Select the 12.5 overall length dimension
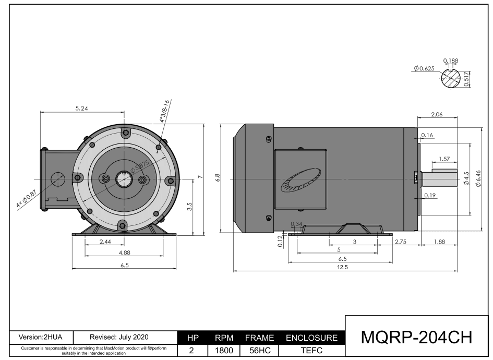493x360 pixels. click(343, 267)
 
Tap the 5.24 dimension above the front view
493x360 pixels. click(82, 109)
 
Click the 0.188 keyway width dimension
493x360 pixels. click(450, 61)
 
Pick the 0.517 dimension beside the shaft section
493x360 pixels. click(466, 80)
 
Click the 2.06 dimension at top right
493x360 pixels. click(437, 114)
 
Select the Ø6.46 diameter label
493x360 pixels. click(478, 179)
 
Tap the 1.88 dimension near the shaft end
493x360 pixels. click(439, 242)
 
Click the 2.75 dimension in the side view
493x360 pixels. click(401, 242)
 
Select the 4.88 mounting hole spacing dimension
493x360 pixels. click(124, 253)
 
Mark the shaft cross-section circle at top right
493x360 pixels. click(451, 79)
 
